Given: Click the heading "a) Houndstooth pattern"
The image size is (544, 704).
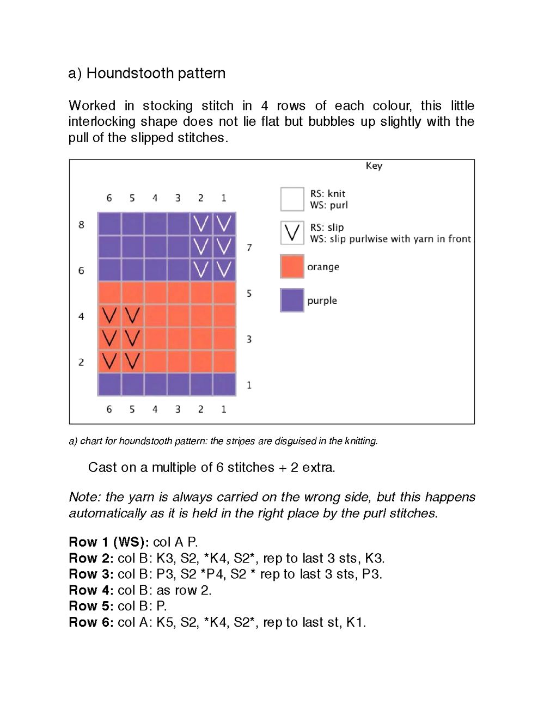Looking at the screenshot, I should (x=146, y=73).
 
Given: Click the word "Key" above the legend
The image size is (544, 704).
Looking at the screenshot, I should (x=374, y=166).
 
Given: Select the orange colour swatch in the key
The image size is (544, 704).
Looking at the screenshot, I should (x=292, y=266).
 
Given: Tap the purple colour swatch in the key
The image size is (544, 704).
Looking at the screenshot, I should (x=292, y=300).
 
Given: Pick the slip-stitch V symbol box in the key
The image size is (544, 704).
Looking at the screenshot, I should (x=292, y=232).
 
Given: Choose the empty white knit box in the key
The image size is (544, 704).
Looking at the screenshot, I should (x=292, y=199).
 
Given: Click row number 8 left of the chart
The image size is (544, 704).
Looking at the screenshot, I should (x=81, y=224).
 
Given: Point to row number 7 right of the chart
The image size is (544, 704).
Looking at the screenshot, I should (x=249, y=248).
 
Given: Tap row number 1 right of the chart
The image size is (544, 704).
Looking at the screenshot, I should (x=249, y=385).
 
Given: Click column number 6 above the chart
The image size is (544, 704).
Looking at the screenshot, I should (x=109, y=198).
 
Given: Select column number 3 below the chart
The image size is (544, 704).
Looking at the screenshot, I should (x=178, y=409).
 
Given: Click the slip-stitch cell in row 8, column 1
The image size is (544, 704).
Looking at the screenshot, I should (x=224, y=224).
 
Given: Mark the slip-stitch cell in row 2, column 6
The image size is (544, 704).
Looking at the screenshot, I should (x=109, y=361).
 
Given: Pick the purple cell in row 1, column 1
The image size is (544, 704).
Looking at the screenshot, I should (x=224, y=384).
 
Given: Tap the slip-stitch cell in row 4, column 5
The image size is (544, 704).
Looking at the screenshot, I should (x=132, y=315).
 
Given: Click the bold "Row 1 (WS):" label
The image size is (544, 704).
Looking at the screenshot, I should (x=108, y=542).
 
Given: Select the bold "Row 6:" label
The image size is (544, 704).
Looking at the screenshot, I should (x=91, y=622).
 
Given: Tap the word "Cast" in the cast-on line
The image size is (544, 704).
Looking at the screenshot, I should (x=102, y=467).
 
